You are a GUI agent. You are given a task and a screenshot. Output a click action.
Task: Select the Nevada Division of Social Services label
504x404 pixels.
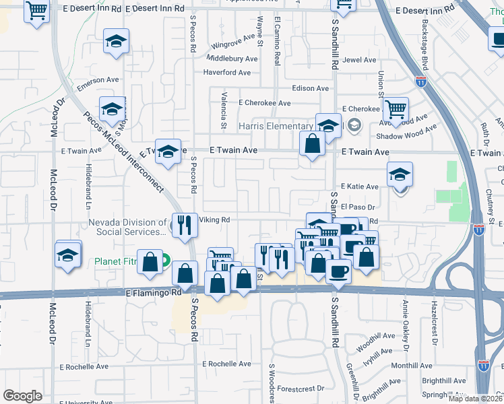click(127, 227)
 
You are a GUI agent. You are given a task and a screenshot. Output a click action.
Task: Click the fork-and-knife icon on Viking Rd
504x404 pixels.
click(184, 225)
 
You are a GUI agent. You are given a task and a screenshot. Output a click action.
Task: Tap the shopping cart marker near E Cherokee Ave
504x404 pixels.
click(396, 108)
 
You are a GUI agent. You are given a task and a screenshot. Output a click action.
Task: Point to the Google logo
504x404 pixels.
click(22, 395)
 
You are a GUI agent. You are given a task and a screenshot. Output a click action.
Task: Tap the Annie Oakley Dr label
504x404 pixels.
click(406, 327)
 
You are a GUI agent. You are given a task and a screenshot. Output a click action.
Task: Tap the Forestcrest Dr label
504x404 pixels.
click(301, 388)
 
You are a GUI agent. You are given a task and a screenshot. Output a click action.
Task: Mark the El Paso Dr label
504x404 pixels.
click(357, 207)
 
